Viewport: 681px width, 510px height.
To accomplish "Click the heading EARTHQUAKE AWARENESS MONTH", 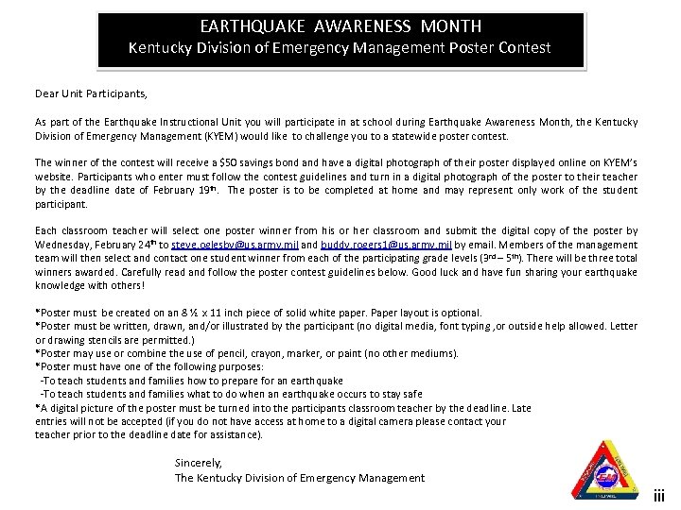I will pyautogui.click(x=340, y=26).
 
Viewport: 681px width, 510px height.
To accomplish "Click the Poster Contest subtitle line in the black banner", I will pyautogui.click(x=340, y=47).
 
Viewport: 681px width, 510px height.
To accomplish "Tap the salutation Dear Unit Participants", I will pyautogui.click(x=92, y=94).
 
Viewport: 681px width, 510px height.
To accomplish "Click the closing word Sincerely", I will pyautogui.click(x=199, y=463).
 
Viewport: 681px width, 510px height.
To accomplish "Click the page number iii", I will pyautogui.click(x=660, y=494).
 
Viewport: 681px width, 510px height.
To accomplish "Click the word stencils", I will pyautogui.click(x=119, y=340).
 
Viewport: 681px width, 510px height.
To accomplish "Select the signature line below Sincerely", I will pyautogui.click(x=300, y=478).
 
